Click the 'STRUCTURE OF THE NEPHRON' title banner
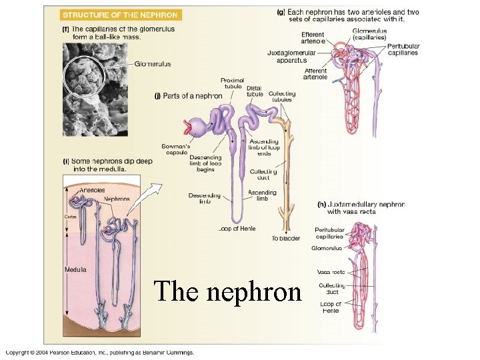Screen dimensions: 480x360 coord(120,15)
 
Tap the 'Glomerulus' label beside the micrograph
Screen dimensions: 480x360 coord(153,64)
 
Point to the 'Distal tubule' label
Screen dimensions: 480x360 coord(255,91)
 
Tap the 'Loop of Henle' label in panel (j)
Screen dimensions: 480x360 coord(237,229)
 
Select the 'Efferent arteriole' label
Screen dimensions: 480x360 coord(313,38)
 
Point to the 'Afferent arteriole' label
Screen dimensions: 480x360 coord(315,74)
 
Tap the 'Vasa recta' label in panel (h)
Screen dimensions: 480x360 coord(331,272)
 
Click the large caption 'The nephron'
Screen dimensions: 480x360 coord(227,291)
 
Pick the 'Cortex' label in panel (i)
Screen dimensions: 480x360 coord(71,217)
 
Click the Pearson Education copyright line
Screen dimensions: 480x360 coord(100,352)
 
